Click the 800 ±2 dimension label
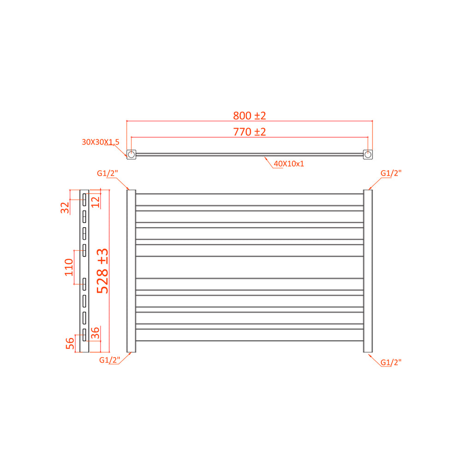[x=249, y=115]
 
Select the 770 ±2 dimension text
[x=249, y=132]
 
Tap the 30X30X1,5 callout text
[x=100, y=142]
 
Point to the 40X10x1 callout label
[x=289, y=164]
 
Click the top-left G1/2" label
[x=107, y=173]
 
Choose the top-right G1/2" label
[x=391, y=173]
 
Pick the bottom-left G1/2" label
[x=110, y=360]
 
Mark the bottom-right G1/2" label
[x=391, y=362]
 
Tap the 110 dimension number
[x=69, y=267]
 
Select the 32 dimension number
[x=65, y=207]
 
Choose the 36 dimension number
[x=95, y=333]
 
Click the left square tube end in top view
[x=131, y=154]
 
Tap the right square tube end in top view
[x=368, y=154]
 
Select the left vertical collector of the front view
[x=131, y=271]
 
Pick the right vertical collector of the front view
[x=368, y=271]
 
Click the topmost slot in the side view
[x=85, y=200]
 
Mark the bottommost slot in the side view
[x=85, y=335]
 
